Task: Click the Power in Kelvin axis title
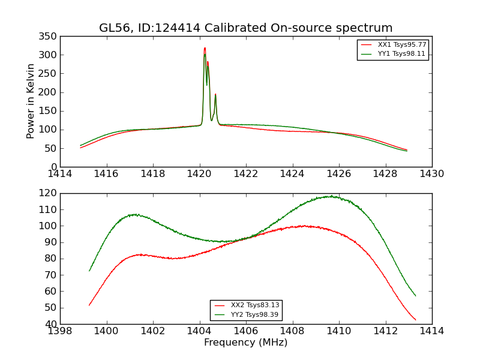[x=31, y=101]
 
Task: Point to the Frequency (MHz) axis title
[x=245, y=343]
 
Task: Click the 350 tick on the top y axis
[x=49, y=37]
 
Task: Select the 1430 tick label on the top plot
[x=431, y=174]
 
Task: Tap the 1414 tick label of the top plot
[x=61, y=174]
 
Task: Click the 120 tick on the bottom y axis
[x=49, y=193]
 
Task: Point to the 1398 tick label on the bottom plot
[x=61, y=331]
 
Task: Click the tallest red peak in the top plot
[x=205, y=49]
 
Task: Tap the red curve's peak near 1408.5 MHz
[x=304, y=226]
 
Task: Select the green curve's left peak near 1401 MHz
[x=136, y=214]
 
